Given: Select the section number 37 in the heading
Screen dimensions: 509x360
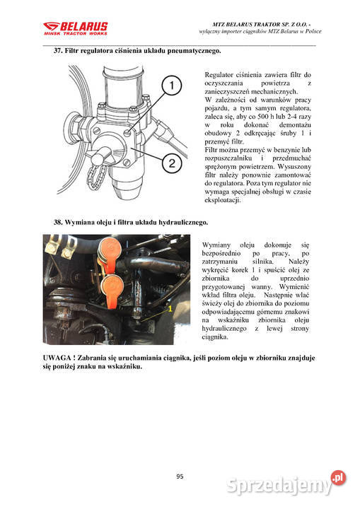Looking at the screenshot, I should point(59,52).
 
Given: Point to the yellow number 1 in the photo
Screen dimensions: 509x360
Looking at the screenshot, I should point(169,310).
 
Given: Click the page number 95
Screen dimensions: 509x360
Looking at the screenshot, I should point(180,476).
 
